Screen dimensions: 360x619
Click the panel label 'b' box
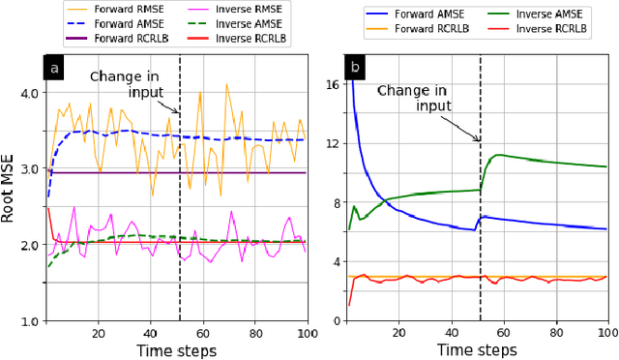point(355,70)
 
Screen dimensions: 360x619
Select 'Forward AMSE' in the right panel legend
point(407,15)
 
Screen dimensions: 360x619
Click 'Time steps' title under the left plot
point(175,350)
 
